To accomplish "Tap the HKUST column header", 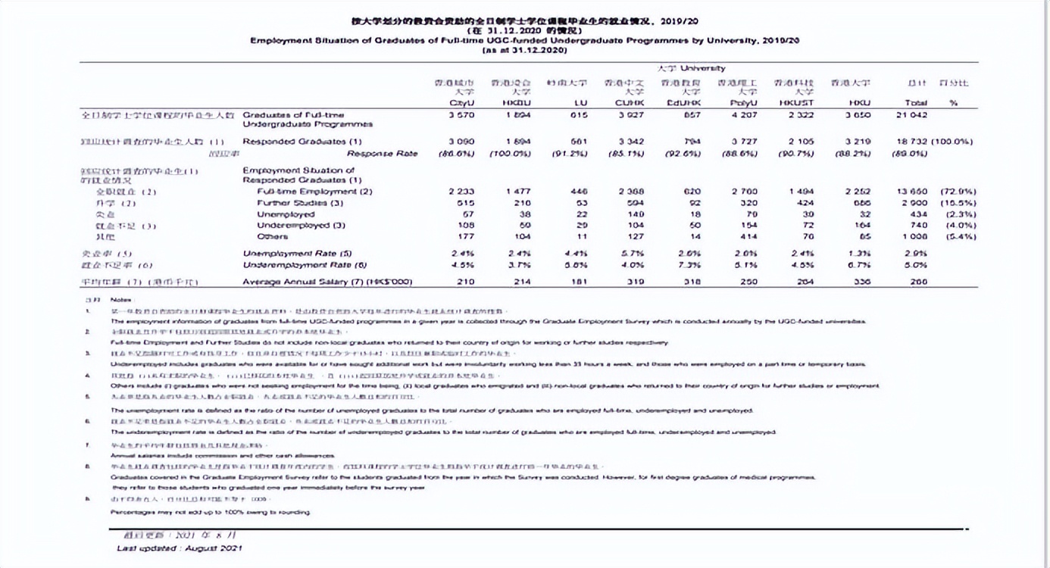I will (x=794, y=102).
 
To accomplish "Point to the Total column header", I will (x=916, y=102).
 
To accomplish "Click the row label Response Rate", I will (x=382, y=154).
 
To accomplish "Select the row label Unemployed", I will (x=286, y=214).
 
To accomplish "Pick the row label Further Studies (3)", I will (x=300, y=203).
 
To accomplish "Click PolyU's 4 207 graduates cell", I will (x=744, y=114).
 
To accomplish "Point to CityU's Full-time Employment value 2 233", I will (x=461, y=192).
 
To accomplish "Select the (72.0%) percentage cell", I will (x=958, y=192).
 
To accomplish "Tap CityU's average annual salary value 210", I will (x=465, y=282).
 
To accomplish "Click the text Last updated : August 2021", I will (x=180, y=548).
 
